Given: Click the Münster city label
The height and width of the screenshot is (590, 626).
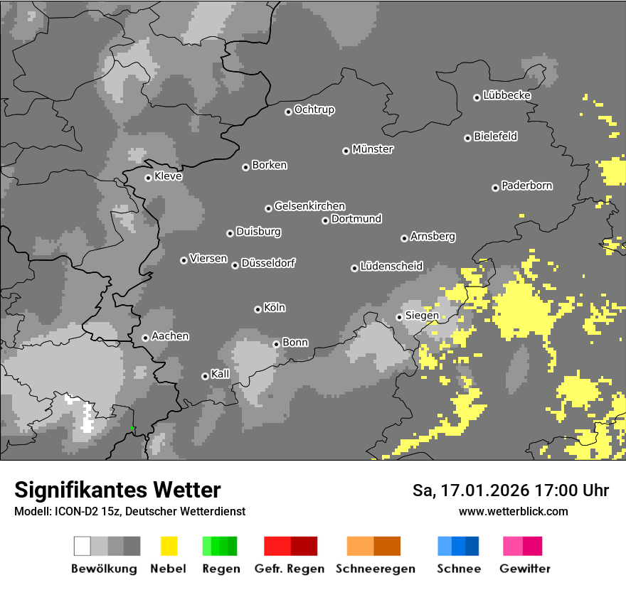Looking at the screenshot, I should [373, 149].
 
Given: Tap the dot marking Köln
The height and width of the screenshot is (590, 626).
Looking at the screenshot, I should [258, 309].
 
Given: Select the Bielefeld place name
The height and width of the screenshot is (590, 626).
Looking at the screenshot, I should [495, 136].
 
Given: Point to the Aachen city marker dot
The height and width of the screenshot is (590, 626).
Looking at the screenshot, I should [145, 338].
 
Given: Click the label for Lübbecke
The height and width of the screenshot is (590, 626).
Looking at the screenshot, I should [506, 95].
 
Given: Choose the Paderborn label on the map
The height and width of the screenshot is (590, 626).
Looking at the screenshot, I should [526, 186].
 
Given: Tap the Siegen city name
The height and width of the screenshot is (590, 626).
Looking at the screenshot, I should [422, 316].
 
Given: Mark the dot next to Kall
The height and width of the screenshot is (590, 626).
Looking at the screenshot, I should [205, 376].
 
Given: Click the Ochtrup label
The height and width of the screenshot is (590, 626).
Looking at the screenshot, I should [314, 109].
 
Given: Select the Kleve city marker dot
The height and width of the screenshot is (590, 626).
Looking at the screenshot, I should [148, 178].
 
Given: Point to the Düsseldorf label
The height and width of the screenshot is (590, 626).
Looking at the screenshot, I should [268, 263].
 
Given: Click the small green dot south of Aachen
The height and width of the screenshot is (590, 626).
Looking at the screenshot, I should [132, 428].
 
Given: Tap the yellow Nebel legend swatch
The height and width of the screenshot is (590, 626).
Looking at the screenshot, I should [169, 546].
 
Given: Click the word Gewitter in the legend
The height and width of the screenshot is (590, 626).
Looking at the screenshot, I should [525, 569].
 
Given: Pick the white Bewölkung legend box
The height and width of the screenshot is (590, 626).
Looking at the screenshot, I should [82, 546].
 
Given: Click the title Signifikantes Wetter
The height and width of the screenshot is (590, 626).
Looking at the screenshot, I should [117, 490].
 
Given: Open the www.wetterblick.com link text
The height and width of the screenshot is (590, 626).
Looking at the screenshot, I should [513, 511].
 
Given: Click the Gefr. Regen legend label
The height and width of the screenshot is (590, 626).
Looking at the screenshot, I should [290, 569].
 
